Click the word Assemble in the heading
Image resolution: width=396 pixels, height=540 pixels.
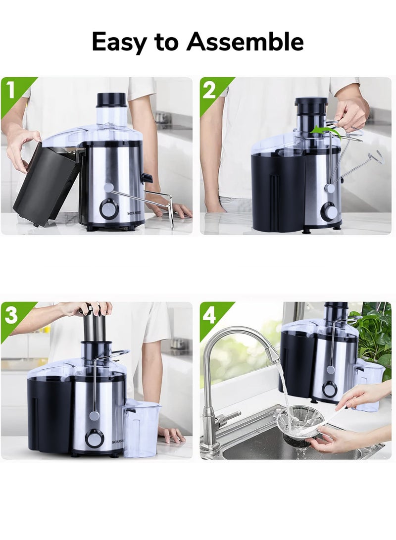tap(246, 41)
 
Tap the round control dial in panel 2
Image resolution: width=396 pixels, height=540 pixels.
tap(329, 210)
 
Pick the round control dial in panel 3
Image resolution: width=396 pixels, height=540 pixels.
tap(94, 439)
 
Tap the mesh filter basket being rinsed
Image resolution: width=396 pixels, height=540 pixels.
tap(299, 424)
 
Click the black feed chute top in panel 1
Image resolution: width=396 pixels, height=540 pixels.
tap(111, 99)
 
